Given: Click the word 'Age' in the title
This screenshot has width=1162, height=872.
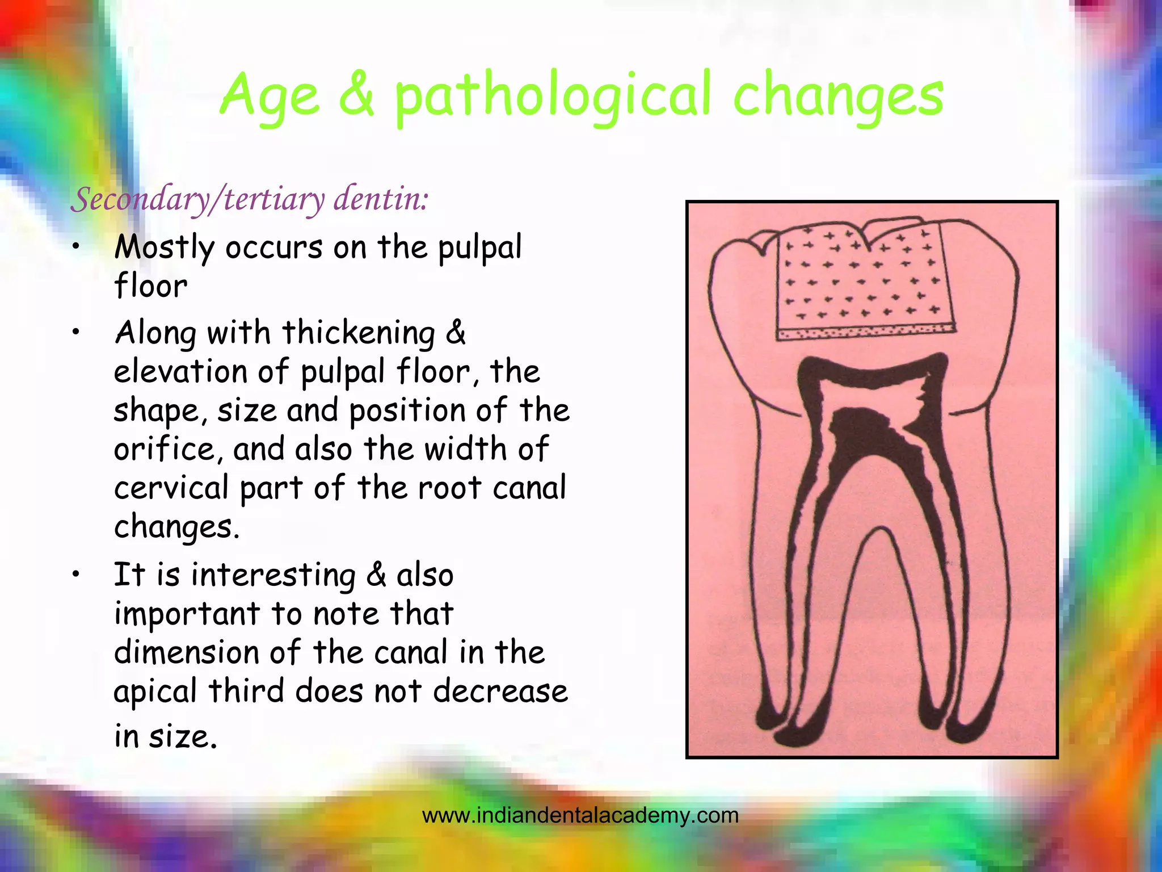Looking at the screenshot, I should click(270, 97).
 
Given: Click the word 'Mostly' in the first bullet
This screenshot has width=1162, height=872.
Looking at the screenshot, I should click(164, 248).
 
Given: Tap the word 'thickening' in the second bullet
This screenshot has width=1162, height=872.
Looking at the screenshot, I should click(358, 333).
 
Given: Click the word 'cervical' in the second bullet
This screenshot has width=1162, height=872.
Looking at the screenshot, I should click(171, 488).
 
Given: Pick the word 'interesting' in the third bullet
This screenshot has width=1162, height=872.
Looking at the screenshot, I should click(273, 575).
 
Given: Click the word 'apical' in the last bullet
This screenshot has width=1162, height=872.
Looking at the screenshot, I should click(155, 691).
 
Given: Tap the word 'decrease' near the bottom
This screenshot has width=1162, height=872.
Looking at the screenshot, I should click(500, 691).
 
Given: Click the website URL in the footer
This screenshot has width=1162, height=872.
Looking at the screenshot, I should click(580, 816).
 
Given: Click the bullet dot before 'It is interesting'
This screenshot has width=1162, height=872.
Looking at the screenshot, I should click(75, 575).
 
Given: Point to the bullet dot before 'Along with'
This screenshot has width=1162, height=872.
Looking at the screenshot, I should click(75, 333).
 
